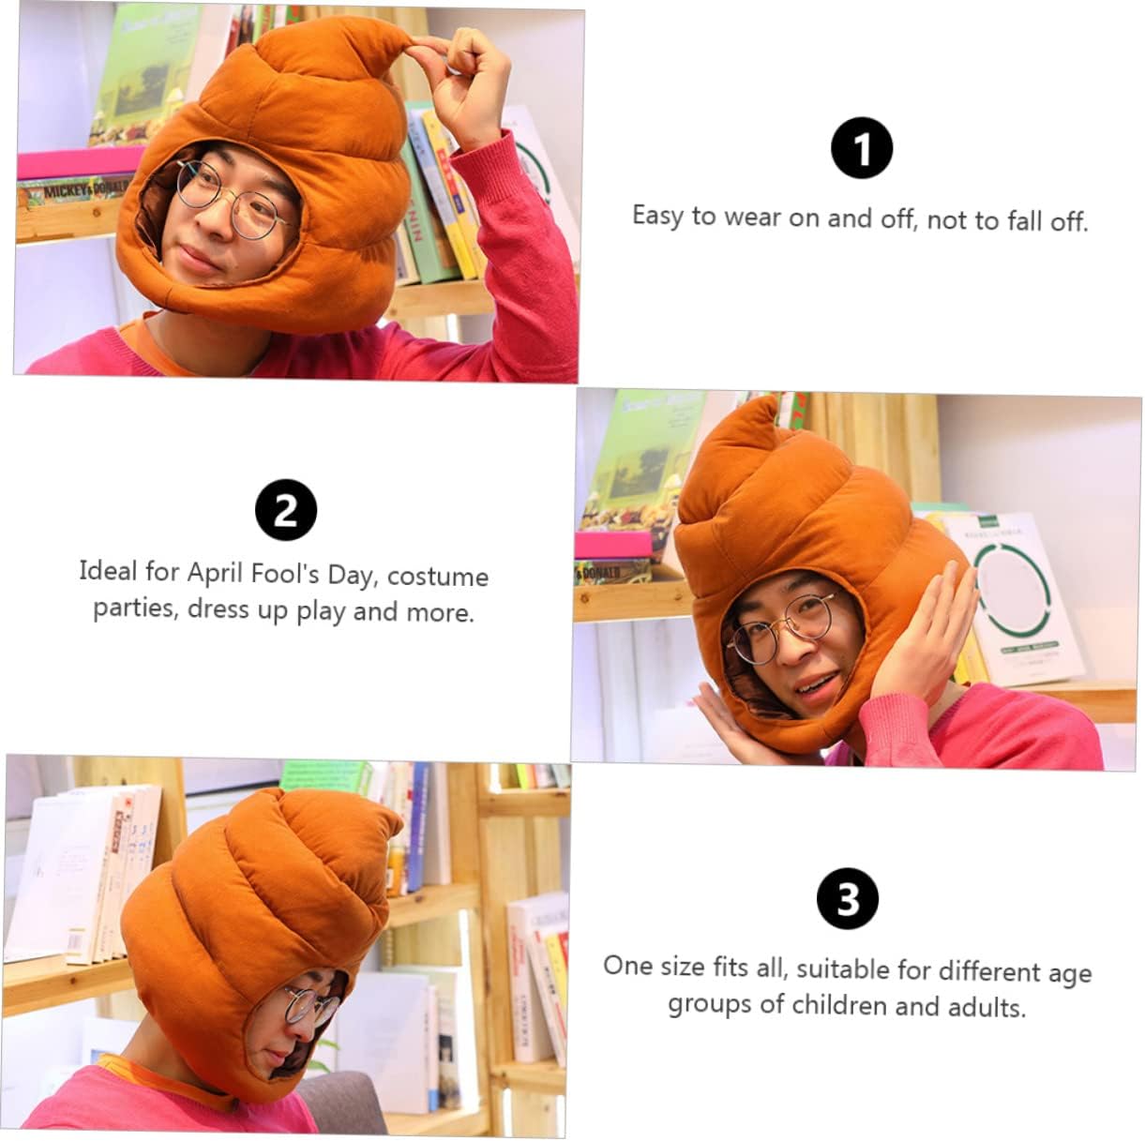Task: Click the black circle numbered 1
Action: point(861,148)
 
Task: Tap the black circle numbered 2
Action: point(286,509)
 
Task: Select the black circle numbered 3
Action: point(848,899)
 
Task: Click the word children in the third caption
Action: point(839,1005)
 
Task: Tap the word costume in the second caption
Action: point(438,577)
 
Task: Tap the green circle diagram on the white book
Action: point(1010,593)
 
